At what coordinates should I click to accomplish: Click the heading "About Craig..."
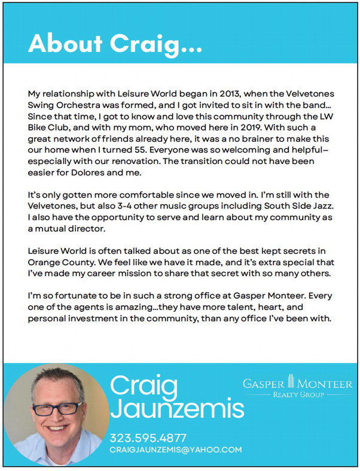pyautogui.click(x=115, y=43)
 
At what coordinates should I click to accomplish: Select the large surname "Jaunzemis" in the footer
pyautogui.click(x=177, y=410)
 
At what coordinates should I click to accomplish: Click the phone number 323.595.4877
pyautogui.click(x=148, y=437)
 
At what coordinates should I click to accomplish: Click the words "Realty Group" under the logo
pyautogui.click(x=298, y=395)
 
